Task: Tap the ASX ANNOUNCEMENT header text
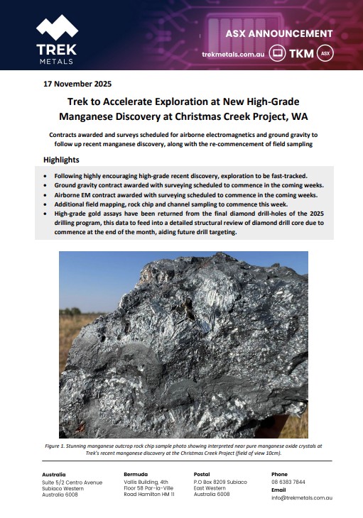click(279, 33)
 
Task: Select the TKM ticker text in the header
click(303, 53)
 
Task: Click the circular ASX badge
click(325, 53)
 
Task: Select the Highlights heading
click(62, 160)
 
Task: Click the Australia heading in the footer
click(54, 474)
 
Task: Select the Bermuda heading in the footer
click(136, 474)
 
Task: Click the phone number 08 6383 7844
click(288, 482)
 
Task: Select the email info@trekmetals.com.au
click(302, 497)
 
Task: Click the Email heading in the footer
click(278, 490)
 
